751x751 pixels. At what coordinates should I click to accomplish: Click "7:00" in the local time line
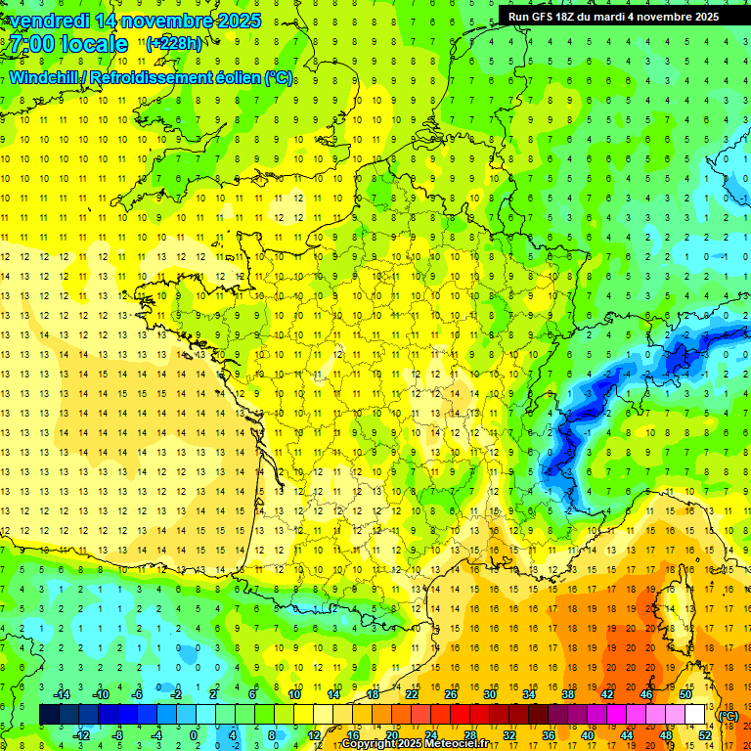(35, 44)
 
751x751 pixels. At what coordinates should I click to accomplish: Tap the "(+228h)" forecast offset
(174, 43)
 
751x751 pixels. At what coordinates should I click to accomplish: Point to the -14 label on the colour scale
(64, 694)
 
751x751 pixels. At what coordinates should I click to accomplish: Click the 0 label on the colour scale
(194, 734)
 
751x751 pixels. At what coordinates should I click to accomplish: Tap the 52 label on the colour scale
(705, 734)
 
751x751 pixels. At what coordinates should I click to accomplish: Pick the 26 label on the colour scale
(450, 694)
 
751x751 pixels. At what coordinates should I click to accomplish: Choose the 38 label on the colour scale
(567, 694)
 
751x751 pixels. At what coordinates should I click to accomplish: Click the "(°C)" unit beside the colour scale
(729, 716)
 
